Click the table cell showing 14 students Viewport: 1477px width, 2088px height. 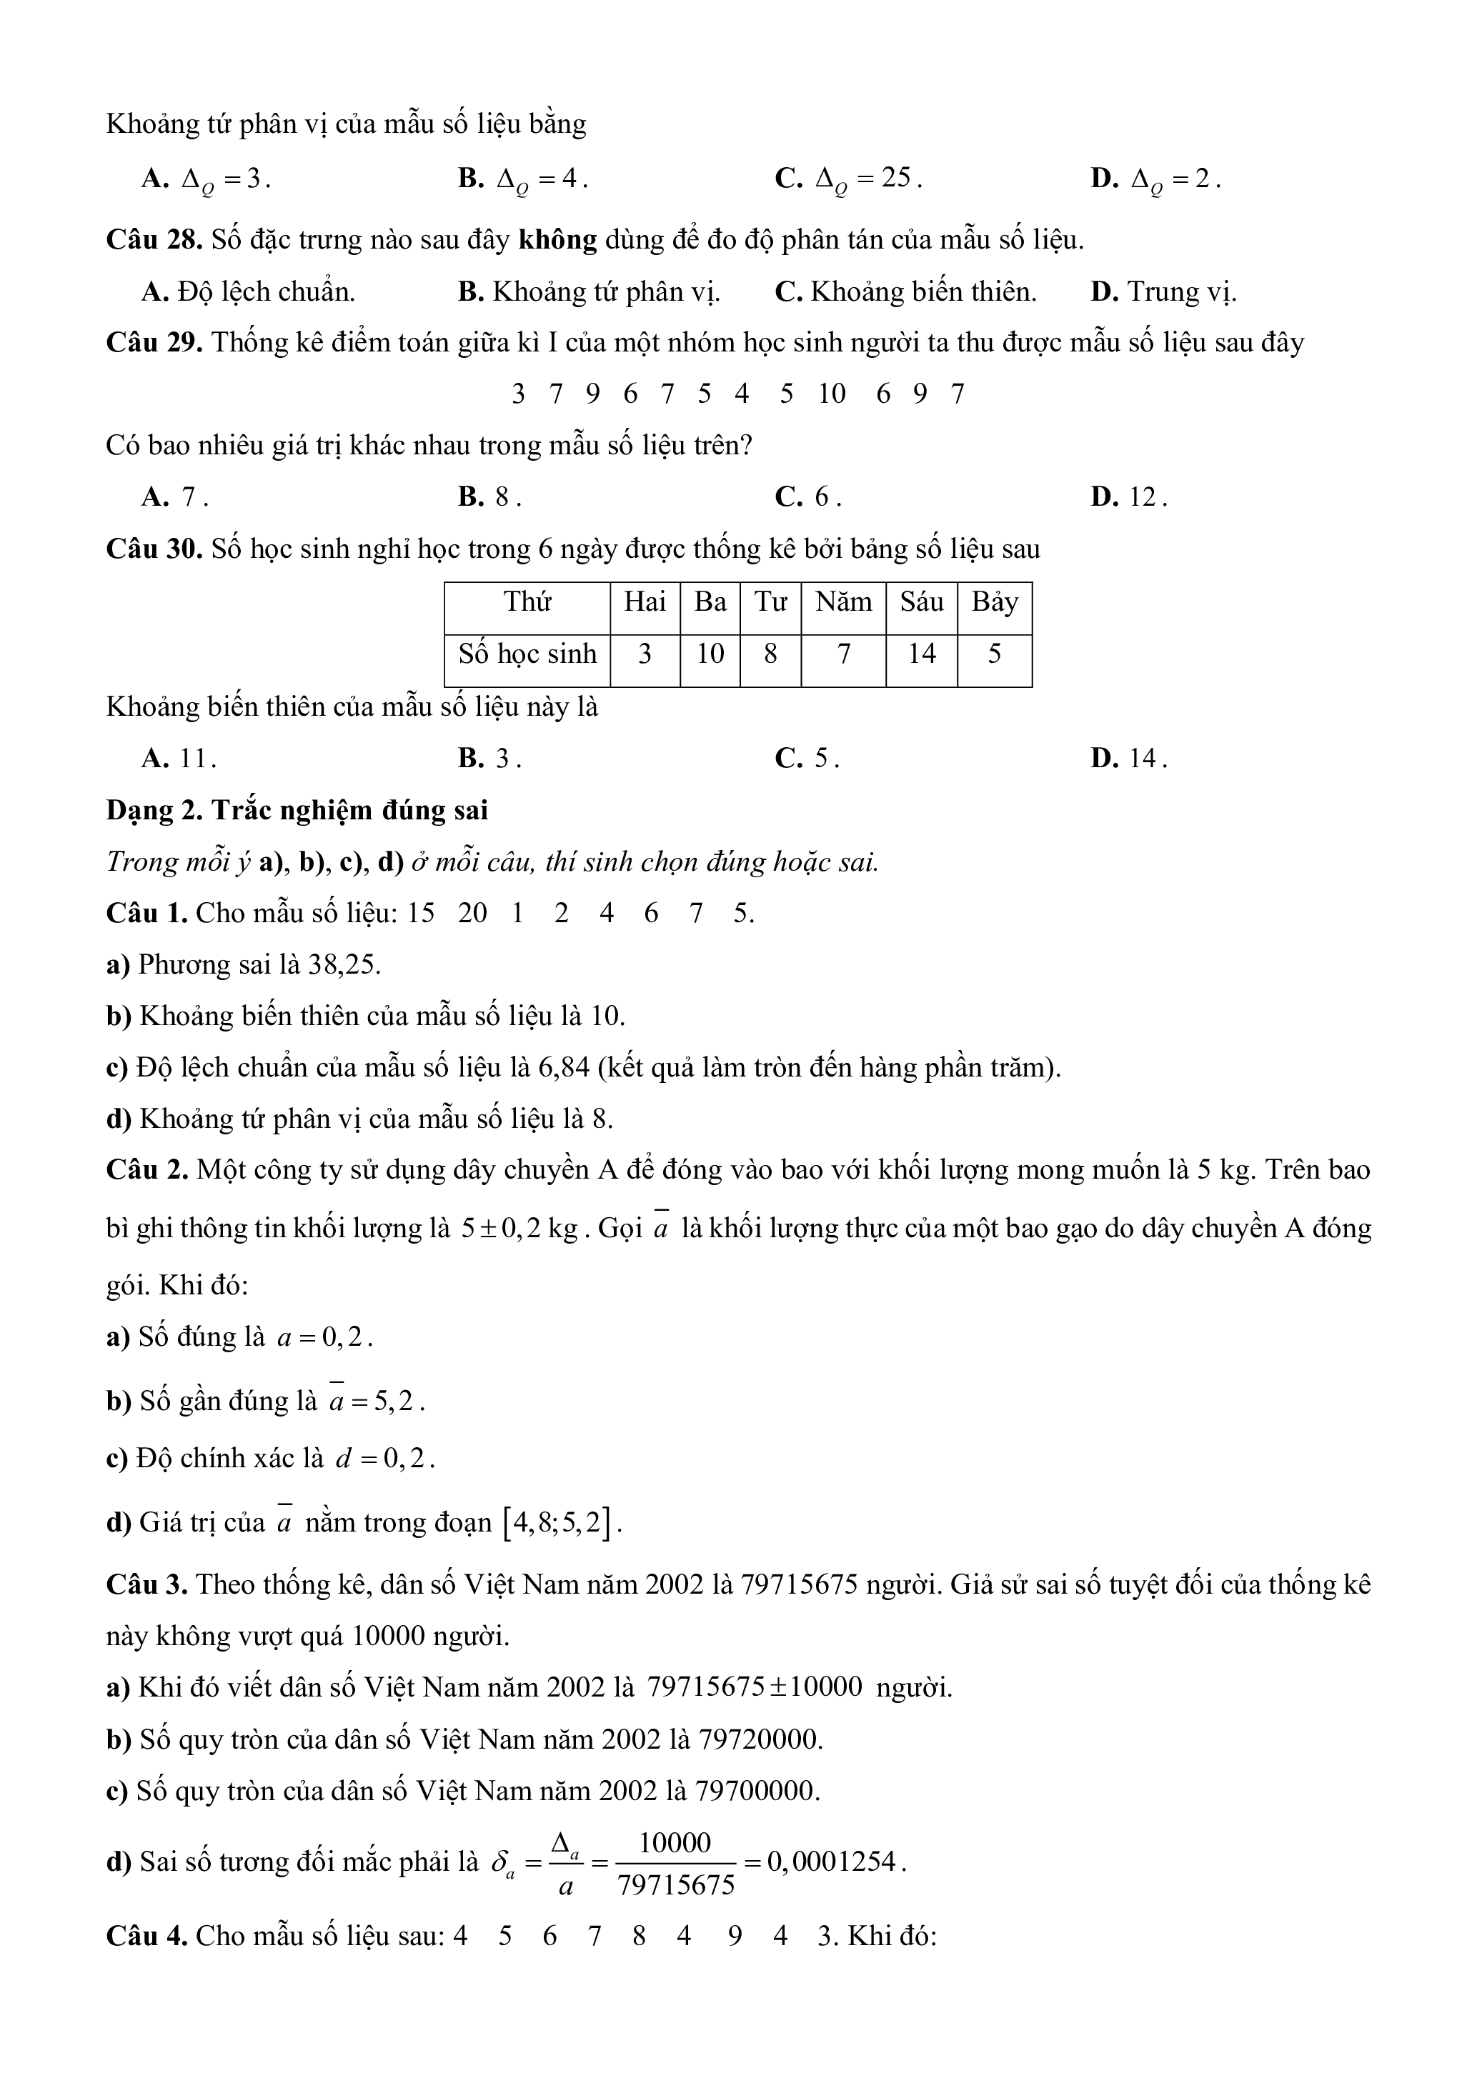(921, 653)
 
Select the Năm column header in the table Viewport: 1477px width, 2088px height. (843, 601)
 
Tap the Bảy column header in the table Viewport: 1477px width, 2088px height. (994, 601)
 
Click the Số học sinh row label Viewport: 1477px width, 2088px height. (527, 653)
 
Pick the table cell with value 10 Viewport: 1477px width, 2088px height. (710, 653)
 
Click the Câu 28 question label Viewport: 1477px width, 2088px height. (154, 240)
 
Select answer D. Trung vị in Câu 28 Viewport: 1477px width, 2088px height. (1164, 292)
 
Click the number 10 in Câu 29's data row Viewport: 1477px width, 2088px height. (831, 394)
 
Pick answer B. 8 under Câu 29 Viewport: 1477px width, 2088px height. (490, 496)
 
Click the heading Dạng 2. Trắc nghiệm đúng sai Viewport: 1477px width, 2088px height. (297, 809)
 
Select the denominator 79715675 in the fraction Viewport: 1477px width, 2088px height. (676, 1885)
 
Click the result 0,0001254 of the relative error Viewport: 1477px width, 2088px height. (834, 1862)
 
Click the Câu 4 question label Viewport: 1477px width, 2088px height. (146, 1935)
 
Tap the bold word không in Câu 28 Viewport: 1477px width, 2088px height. (557, 240)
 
